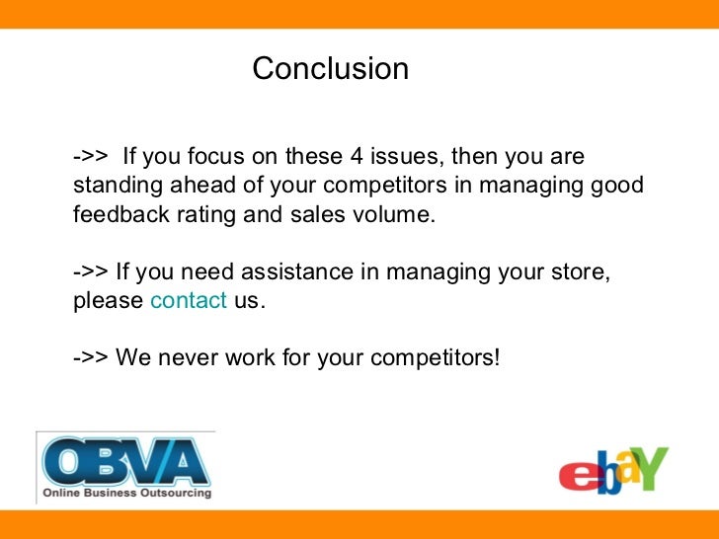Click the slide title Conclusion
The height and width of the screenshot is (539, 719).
tap(330, 69)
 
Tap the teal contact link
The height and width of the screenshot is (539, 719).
tap(188, 301)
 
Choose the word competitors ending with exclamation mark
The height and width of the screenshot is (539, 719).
tap(435, 356)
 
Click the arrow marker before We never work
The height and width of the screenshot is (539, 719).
tap(91, 356)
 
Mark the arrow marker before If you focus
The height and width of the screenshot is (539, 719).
tap(91, 157)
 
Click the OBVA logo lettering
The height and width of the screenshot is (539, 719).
tap(124, 460)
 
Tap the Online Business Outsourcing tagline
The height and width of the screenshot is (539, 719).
tap(125, 492)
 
